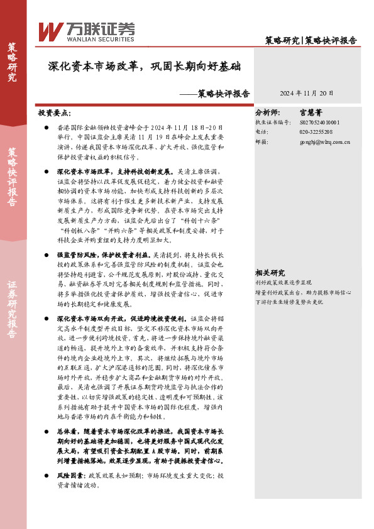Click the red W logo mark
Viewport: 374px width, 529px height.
50,31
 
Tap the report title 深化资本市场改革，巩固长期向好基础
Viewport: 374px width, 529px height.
144,65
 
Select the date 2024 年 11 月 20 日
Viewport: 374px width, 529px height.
307,93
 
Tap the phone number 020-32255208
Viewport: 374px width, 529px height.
316,132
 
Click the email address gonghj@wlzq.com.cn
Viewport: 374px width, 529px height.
324,142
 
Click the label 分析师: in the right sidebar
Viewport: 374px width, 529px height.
267,114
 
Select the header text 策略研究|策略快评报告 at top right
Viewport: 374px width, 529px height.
311,40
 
